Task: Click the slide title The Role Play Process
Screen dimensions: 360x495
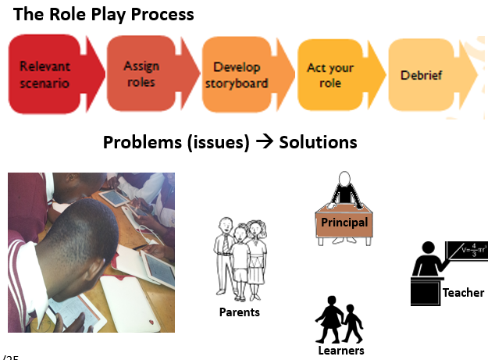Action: (104, 14)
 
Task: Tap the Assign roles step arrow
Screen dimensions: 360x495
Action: (142, 74)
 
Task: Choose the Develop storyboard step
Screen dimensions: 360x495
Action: (236, 75)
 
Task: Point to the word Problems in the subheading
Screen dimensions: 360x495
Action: (142, 143)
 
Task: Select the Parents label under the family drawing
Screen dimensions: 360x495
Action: (239, 312)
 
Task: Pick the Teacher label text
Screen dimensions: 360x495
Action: (463, 293)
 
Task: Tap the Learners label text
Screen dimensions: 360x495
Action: (341, 351)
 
